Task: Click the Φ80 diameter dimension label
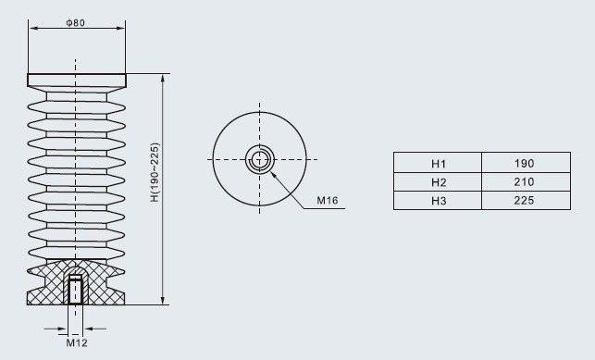(x=76, y=23)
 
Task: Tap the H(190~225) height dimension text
(x=155, y=172)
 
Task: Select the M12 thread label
(x=77, y=343)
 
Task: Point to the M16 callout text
(x=328, y=200)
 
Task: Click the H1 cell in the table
(x=438, y=163)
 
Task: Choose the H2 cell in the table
(x=438, y=182)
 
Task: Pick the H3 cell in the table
(x=438, y=200)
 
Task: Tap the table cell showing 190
(x=526, y=163)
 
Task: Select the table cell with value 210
(x=526, y=182)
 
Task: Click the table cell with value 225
(x=526, y=200)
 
